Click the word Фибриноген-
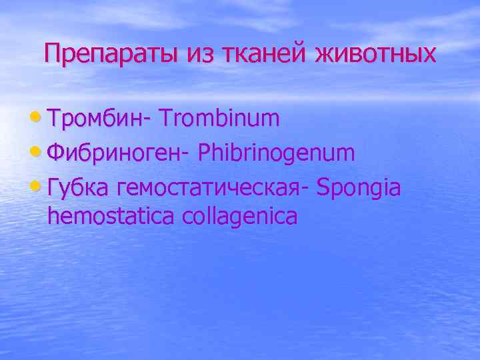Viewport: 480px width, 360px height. [120, 153]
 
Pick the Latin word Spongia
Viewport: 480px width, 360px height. [359, 188]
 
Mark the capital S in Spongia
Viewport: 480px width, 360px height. [324, 188]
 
